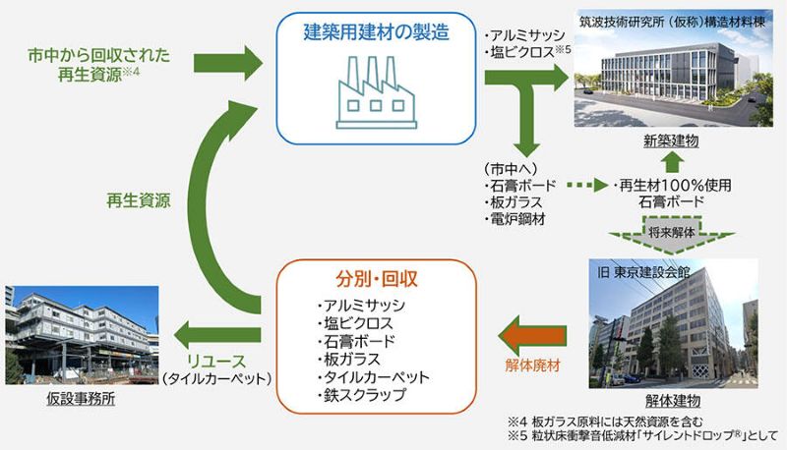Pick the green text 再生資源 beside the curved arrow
click(138, 201)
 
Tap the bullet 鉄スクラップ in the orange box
click(360, 396)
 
